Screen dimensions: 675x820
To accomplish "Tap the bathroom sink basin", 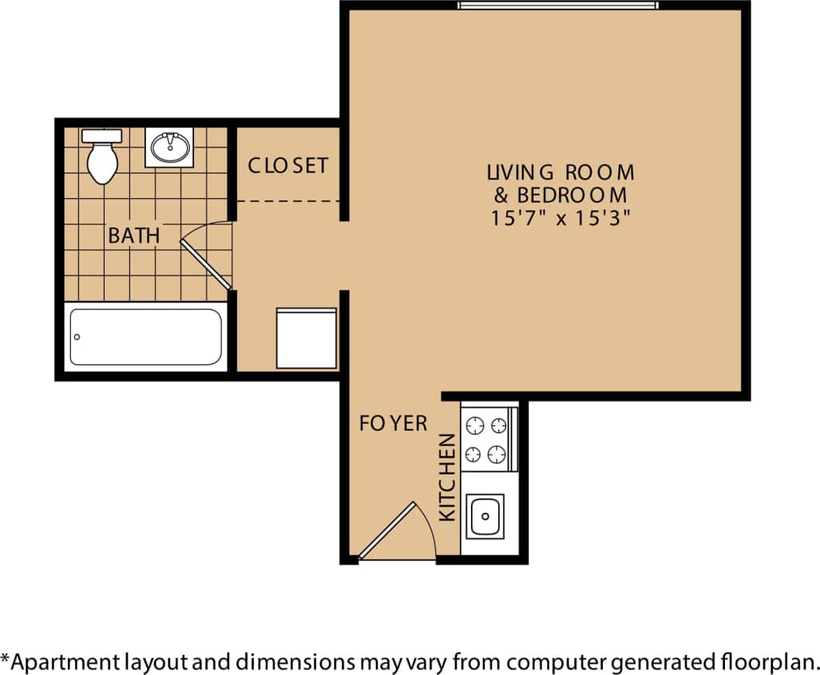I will point(169,148).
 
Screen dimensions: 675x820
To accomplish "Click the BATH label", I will point(133,236).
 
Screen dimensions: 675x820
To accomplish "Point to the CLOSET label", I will point(287,165).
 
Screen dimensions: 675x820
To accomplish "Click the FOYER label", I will point(393,423).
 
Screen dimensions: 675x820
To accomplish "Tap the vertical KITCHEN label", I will point(448,477).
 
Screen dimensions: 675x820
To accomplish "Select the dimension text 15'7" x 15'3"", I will point(561,218).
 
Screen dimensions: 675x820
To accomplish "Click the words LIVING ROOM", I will point(561,172).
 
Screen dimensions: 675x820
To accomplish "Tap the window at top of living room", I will point(557,6).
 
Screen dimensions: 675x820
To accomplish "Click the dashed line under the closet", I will point(287,201).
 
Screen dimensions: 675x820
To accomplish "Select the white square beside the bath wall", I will point(306,338).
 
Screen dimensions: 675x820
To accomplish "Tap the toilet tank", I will point(101,136).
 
